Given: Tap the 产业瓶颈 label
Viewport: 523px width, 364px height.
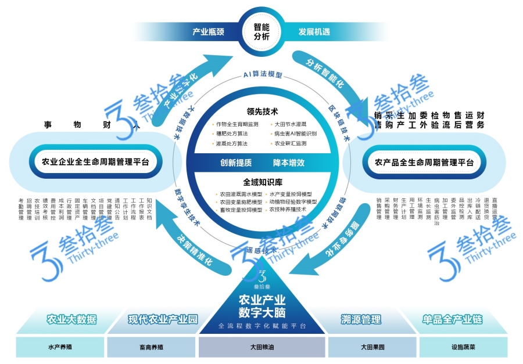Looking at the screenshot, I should coord(208,31).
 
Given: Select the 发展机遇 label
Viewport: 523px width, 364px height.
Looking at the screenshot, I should coord(314,31).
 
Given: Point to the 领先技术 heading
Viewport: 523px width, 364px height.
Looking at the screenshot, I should coord(262,111).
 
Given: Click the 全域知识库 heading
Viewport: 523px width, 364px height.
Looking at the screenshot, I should coord(261,182).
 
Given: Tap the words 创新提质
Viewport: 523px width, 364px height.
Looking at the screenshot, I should coord(236,163).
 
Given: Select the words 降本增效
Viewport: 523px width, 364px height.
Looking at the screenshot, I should coord(289,163).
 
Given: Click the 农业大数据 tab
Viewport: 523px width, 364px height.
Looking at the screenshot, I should coord(72,319).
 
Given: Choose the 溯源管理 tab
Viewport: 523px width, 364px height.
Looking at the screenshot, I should coord(361,319).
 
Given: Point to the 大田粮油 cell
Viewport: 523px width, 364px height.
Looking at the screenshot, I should coord(261,347).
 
